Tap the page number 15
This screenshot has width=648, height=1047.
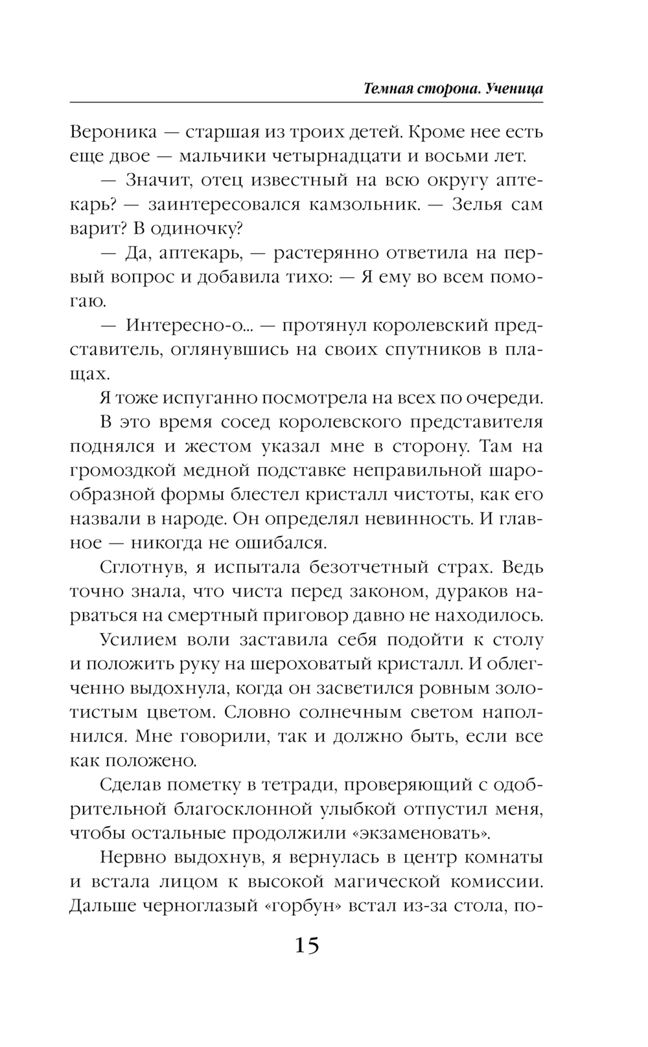coord(307,946)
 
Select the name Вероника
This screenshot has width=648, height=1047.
coord(113,132)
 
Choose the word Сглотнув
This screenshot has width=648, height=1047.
coord(138,567)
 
